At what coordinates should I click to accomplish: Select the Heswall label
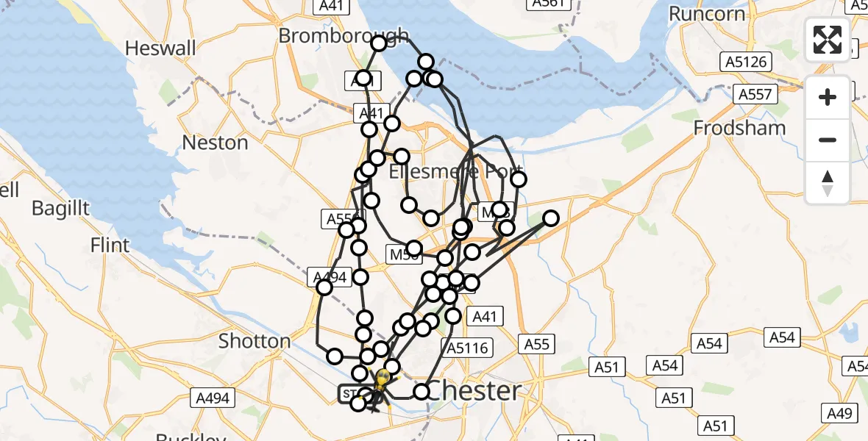150,49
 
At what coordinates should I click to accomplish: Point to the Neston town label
215,143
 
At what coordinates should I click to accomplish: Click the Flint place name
110,245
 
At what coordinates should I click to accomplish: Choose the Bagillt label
60,208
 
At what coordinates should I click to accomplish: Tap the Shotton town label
255,341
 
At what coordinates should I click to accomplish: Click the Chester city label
474,390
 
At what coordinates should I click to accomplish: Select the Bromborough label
343,35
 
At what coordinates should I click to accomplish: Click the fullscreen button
828,40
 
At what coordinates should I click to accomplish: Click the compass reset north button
828,182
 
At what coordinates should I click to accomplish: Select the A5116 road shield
466,348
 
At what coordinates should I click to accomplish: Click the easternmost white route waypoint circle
550,218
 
